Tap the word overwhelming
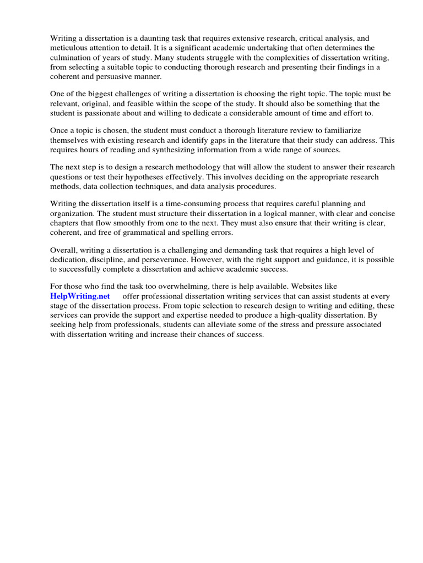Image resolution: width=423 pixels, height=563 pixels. click(x=181, y=286)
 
